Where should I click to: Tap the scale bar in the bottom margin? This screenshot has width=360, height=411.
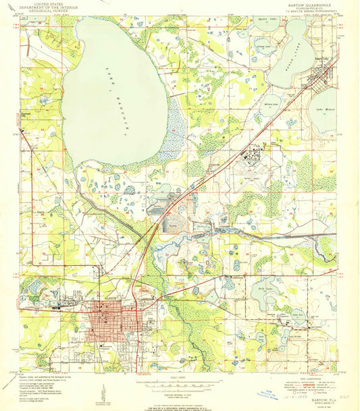tap(178, 381)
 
